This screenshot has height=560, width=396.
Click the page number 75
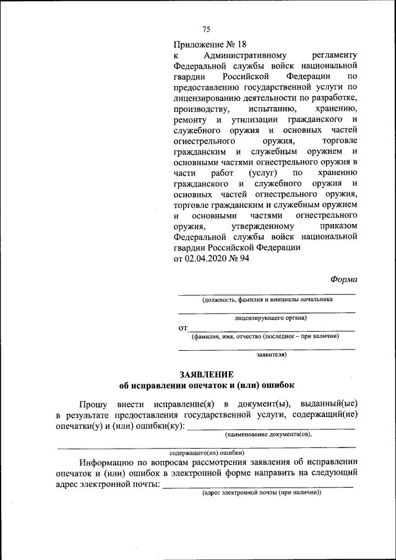pos(207,29)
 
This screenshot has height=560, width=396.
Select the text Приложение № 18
pos(210,44)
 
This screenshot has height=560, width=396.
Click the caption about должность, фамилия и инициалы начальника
pos(267,299)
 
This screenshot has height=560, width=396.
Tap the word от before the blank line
pos(183,328)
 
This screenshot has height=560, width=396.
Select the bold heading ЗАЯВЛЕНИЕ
pos(207,374)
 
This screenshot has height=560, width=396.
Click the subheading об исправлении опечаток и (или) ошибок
pos(207,385)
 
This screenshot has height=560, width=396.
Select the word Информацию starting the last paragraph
pos(109,462)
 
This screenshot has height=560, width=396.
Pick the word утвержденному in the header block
pos(258,226)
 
